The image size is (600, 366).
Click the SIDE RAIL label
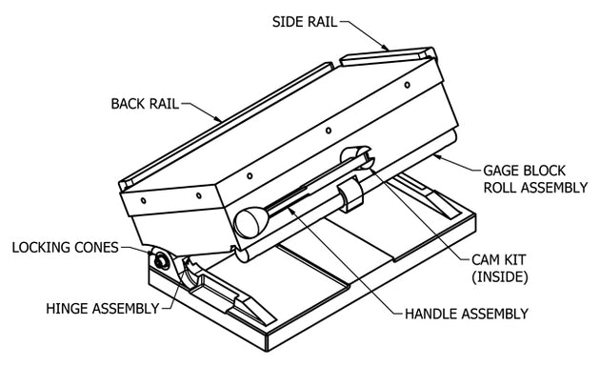pyautogui.click(x=305, y=22)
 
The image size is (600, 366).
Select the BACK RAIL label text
pyautogui.click(x=145, y=104)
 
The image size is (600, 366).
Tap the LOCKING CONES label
pyautogui.click(x=65, y=247)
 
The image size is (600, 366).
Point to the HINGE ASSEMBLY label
pyautogui.click(x=103, y=308)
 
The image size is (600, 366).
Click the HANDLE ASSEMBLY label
pyautogui.click(x=467, y=314)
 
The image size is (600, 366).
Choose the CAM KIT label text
pyautogui.click(x=499, y=259)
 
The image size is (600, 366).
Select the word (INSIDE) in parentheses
pyautogui.click(x=500, y=276)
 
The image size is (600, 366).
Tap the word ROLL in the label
pyautogui.click(x=501, y=188)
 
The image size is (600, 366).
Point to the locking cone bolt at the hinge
pyautogui.click(x=161, y=261)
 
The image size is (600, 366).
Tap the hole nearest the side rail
pyautogui.click(x=408, y=85)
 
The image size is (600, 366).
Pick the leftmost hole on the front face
pyautogui.click(x=143, y=200)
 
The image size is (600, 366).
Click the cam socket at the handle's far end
pyautogui.click(x=356, y=156)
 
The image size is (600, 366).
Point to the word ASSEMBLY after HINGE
pyautogui.click(x=129, y=308)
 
